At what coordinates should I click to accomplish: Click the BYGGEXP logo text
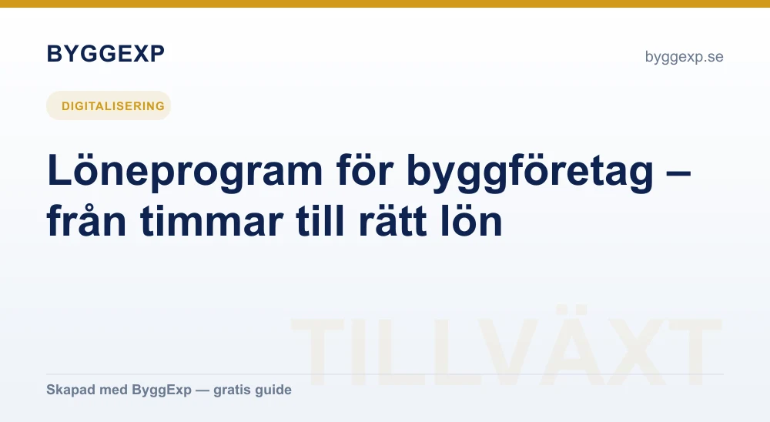[x=105, y=54]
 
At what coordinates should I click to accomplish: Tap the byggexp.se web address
[x=684, y=57]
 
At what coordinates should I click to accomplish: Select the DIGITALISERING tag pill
[x=109, y=105]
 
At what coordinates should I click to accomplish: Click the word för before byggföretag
[x=365, y=170]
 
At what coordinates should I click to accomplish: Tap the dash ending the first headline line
[x=680, y=173]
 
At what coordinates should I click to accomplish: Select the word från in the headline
[x=86, y=220]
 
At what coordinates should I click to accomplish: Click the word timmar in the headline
[x=211, y=220]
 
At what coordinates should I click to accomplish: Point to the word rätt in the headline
[x=392, y=220]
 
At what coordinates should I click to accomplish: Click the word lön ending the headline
[x=471, y=220]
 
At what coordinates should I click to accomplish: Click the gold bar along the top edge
[x=385, y=3]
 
